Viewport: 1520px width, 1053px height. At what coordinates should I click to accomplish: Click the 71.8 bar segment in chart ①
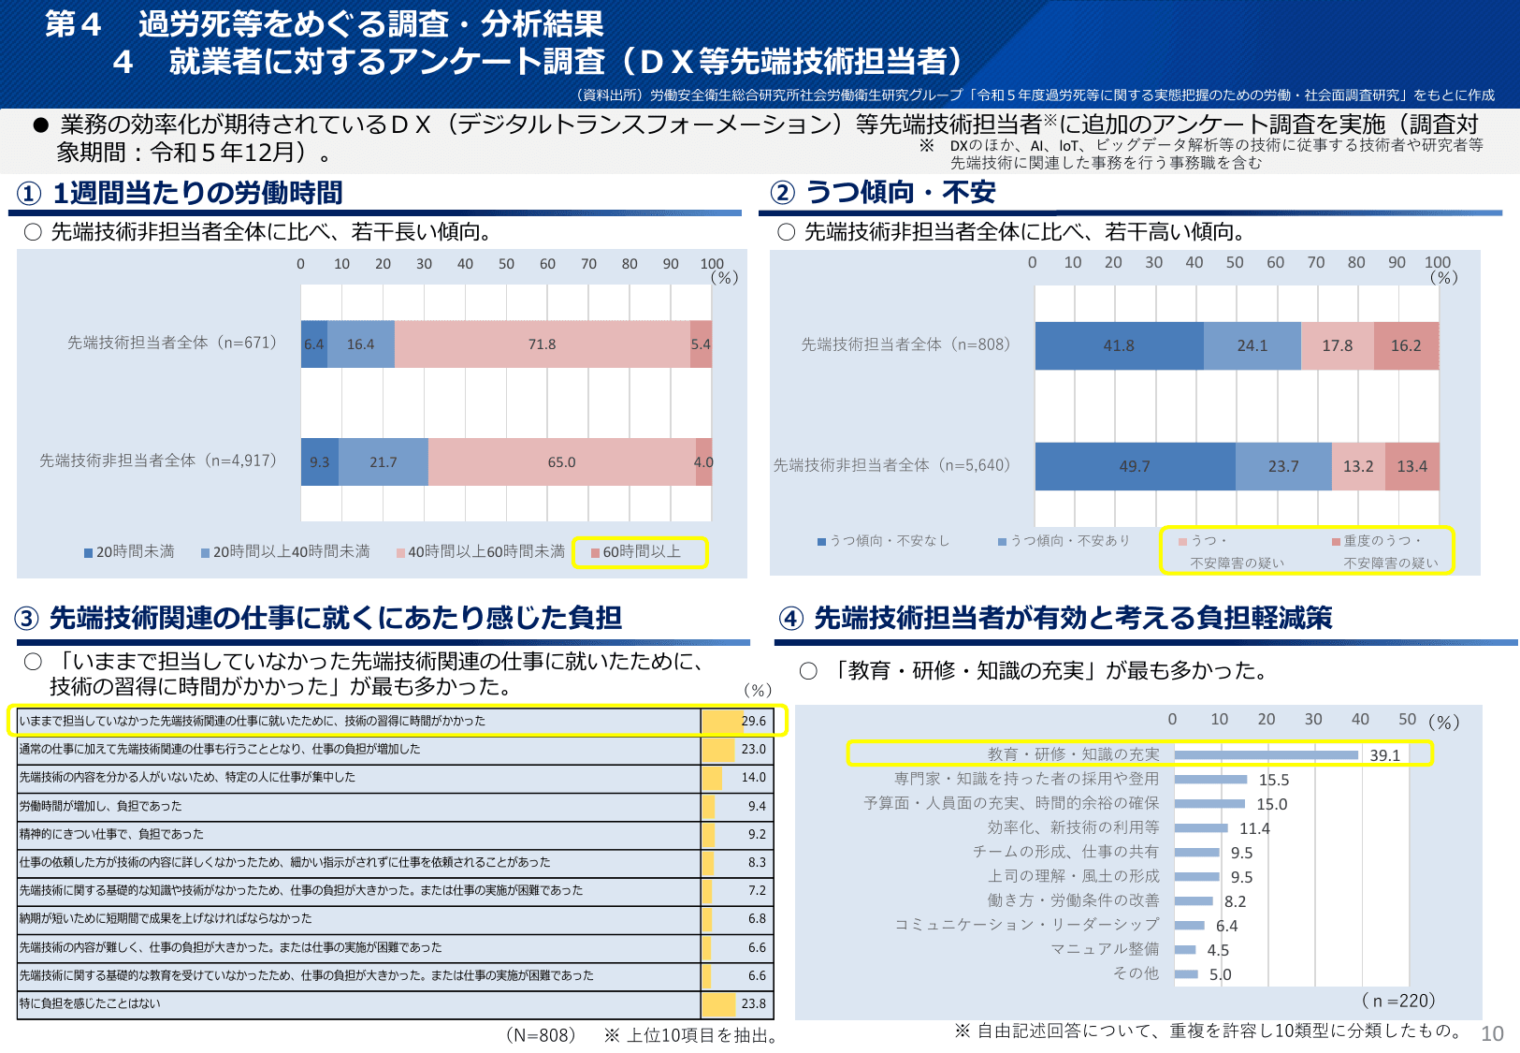pos(542,344)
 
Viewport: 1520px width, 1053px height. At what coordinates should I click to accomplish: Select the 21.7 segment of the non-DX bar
pos(383,462)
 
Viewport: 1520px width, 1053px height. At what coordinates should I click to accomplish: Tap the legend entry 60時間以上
pos(642,552)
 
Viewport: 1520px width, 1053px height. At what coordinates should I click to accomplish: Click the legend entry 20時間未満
pos(130,552)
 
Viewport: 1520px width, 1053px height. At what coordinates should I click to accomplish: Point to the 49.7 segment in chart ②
pos(1135,466)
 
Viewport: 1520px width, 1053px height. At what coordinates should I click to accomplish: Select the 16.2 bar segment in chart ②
pos(1406,345)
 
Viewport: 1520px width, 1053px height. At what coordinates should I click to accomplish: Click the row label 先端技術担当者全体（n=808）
pos(905,344)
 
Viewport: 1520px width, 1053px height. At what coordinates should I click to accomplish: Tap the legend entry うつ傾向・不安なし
pos(884,541)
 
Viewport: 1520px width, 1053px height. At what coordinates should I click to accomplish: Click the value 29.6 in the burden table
pos(753,721)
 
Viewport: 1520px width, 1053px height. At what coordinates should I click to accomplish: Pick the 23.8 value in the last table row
pos(753,1003)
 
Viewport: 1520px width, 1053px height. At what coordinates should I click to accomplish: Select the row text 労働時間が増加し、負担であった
pos(101,806)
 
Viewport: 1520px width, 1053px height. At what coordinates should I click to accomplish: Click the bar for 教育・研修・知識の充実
pos(1266,754)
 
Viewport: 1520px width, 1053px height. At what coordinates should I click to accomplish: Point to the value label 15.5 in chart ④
pos(1274,780)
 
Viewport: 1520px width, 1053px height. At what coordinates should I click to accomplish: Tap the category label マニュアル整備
pos(1105,949)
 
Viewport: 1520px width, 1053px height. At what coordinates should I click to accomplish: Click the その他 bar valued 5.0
pos(1186,974)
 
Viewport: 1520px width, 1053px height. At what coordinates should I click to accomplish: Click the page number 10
pos(1492,1033)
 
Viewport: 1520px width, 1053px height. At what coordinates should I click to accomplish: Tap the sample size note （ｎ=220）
pos(1398,1001)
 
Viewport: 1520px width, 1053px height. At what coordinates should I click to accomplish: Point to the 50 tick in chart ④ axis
pos(1407,719)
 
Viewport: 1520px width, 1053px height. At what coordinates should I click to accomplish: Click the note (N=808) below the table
pos(541,1035)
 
